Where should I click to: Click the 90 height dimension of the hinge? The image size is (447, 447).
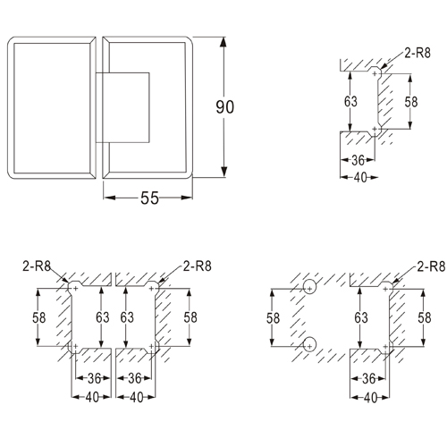225,106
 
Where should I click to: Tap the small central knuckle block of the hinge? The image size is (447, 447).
126,106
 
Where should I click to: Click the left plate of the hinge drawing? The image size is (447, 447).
51,107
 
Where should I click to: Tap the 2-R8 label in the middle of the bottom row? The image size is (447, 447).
196,266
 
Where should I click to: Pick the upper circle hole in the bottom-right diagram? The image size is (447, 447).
308,288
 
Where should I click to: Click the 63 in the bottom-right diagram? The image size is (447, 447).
360,316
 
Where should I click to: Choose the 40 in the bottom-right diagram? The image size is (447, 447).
367,396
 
